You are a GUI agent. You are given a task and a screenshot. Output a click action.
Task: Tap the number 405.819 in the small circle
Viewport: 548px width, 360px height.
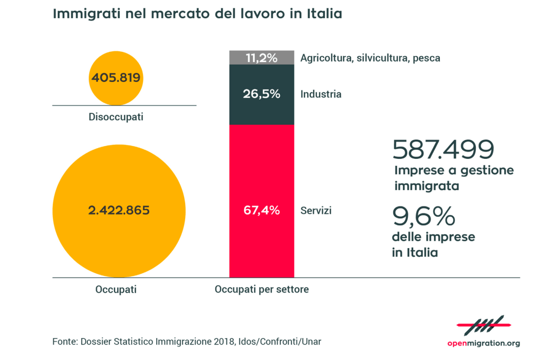point(116,78)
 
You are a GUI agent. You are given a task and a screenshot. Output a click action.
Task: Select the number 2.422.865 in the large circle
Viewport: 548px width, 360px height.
point(119,210)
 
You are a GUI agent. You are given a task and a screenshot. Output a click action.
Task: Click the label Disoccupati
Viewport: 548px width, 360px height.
point(116,117)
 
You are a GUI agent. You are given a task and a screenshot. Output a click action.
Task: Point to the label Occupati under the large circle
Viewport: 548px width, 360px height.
point(116,290)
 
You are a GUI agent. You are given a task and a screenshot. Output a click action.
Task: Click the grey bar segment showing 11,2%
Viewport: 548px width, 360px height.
point(262,58)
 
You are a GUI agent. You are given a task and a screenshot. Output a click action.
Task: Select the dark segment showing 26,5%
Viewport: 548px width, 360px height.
point(262,94)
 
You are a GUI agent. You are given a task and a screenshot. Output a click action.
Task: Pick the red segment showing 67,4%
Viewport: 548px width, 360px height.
point(262,210)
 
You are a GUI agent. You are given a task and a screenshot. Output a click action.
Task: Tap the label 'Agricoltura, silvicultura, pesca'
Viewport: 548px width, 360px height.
point(370,58)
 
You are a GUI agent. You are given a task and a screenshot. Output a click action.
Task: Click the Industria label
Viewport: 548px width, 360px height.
point(321,95)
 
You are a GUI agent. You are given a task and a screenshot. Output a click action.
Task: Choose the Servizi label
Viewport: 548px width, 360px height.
point(316,211)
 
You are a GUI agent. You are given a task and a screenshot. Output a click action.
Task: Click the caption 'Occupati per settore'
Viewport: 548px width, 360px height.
point(262,290)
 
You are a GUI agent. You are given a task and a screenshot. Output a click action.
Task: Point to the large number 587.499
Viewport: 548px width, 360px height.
point(443,150)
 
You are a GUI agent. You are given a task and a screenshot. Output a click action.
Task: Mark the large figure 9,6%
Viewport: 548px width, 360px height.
point(424,217)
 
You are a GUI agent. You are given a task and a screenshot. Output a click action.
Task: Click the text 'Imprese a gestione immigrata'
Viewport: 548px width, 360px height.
point(454,178)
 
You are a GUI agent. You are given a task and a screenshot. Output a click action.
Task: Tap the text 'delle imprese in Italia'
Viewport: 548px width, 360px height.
point(433,244)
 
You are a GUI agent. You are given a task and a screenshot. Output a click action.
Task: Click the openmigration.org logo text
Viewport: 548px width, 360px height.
point(483,343)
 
